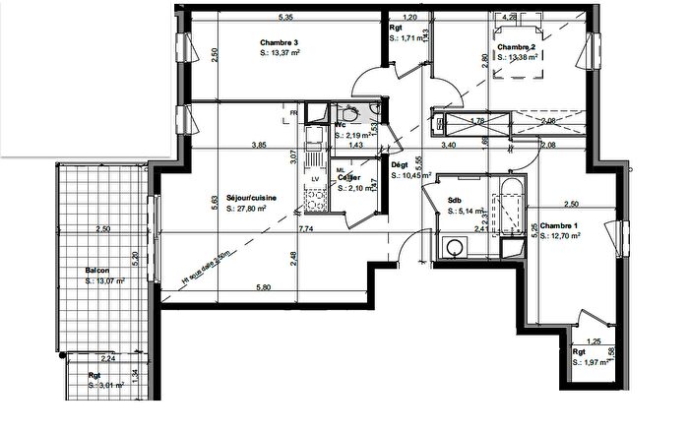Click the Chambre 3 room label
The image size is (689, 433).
pyautogui.click(x=281, y=42)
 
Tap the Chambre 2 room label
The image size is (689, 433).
pyautogui.click(x=516, y=47)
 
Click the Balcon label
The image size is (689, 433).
pyautogui.click(x=96, y=271)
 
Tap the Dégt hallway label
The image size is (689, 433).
pyautogui.click(x=400, y=165)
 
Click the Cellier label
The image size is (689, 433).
pyautogui.click(x=350, y=178)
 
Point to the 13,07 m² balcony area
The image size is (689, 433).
pyautogui.click(x=101, y=280)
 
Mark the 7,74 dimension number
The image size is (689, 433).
pyautogui.click(x=306, y=228)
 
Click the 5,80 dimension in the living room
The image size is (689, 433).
pyautogui.click(x=264, y=287)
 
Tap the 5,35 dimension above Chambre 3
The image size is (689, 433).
pyautogui.click(x=285, y=17)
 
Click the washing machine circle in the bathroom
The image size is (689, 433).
pyautogui.click(x=455, y=248)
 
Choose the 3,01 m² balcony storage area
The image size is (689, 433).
pyautogui.click(x=106, y=386)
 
